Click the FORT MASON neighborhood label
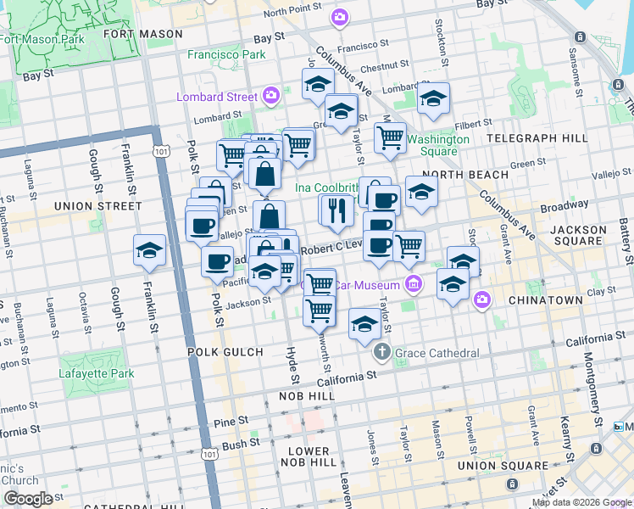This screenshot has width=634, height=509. [x=143, y=34]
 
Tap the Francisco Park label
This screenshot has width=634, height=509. [x=226, y=54]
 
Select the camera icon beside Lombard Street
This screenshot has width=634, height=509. [x=271, y=95]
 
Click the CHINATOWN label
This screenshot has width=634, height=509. [x=545, y=300]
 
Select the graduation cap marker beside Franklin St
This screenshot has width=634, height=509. [x=150, y=251]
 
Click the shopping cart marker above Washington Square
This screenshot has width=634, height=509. [x=390, y=137]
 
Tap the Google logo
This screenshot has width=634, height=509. [x=28, y=499]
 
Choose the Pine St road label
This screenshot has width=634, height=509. [x=229, y=420]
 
